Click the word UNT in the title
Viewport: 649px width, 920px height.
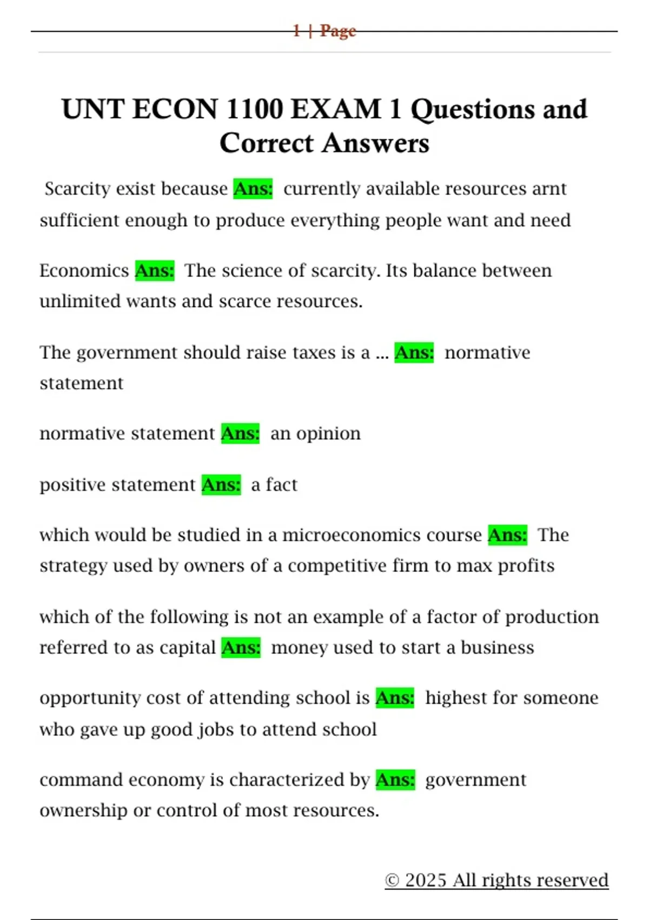click(x=92, y=109)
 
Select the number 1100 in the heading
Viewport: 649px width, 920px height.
click(x=254, y=109)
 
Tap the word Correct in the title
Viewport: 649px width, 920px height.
click(x=266, y=143)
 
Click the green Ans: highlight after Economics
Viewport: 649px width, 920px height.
click(x=155, y=271)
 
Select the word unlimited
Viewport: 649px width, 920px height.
click(x=80, y=301)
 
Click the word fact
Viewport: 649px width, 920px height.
click(x=281, y=485)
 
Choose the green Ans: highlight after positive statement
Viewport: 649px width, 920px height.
click(x=221, y=485)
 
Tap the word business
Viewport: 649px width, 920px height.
click(x=497, y=648)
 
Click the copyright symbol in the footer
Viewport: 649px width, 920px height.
click(x=392, y=880)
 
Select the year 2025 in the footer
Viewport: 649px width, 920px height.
click(x=426, y=880)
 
